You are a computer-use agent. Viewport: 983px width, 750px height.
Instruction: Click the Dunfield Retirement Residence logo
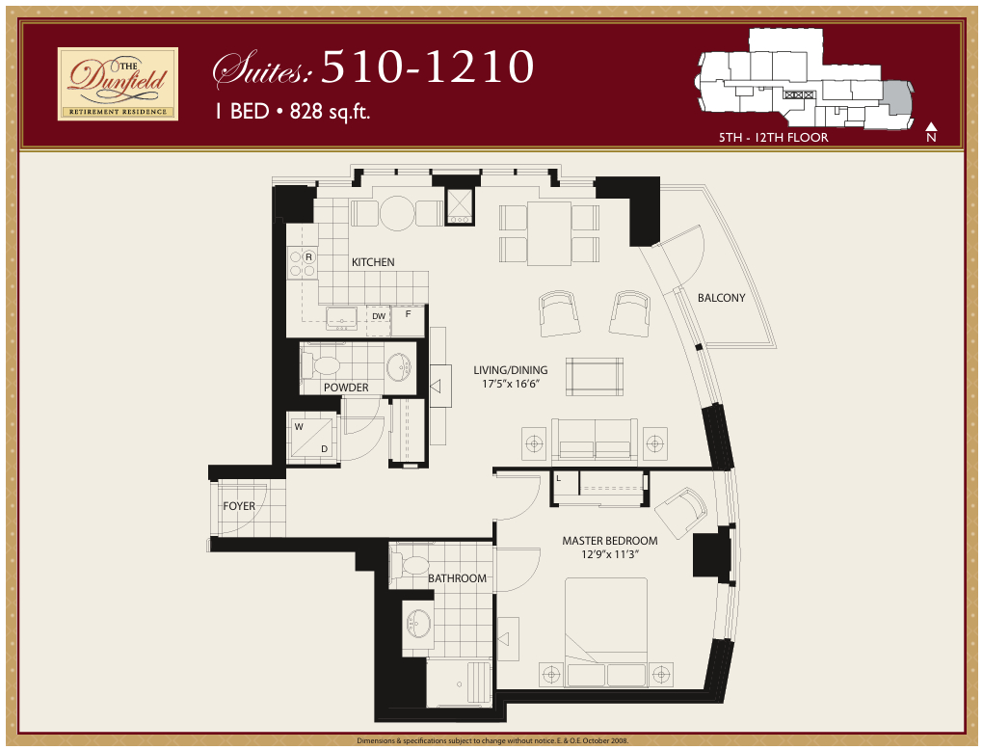point(118,84)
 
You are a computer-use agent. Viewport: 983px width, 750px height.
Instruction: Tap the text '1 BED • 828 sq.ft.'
point(293,111)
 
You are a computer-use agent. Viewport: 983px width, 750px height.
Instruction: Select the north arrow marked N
point(931,132)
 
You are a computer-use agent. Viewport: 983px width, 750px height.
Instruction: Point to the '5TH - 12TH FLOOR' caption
point(774,138)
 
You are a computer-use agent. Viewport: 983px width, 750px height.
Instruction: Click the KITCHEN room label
point(373,262)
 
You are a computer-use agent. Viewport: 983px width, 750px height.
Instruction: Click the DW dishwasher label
point(378,315)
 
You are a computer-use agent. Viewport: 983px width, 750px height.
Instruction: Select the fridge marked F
point(408,314)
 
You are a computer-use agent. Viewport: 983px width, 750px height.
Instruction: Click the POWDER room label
point(346,388)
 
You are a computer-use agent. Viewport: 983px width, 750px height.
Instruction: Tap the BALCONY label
point(722,298)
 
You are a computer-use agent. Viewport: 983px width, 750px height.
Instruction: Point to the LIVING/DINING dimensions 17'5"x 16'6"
point(510,384)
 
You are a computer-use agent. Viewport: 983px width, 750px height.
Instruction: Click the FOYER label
point(239,506)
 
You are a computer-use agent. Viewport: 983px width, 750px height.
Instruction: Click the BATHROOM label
point(458,578)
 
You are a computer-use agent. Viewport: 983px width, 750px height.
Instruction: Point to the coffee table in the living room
point(594,376)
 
